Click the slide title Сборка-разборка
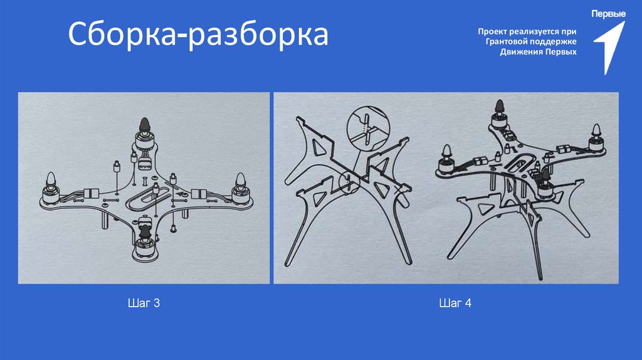tap(198, 35)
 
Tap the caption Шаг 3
tap(144, 304)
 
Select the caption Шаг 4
tap(455, 304)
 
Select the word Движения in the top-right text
tap(519, 51)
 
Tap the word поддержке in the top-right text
tap(555, 41)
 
